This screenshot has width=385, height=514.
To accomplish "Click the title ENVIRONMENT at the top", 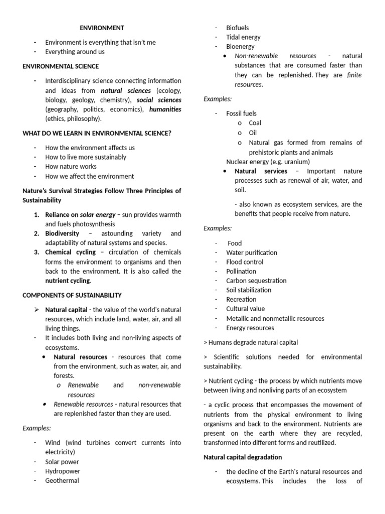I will coord(102,28).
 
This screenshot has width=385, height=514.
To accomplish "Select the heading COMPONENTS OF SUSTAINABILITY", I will coord(72,295).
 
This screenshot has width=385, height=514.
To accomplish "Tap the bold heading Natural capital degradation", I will coord(243,457).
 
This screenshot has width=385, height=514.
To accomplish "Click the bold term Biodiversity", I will coord(62,234).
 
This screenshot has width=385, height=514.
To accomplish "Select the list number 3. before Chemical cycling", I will coord(37,252).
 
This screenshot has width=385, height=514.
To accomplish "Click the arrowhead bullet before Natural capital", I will coord(37,310).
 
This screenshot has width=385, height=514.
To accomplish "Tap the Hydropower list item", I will coord(63,471).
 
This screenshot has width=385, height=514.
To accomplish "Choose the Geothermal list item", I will coord(62,480).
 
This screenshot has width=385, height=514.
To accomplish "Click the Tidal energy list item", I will coord(243,37).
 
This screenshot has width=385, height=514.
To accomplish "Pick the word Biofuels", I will coord(237,28).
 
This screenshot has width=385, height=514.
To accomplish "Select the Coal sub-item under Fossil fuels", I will coord(255,123).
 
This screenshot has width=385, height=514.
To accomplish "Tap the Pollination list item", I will coord(241,271).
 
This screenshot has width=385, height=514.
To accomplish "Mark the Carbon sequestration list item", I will coord(256,281).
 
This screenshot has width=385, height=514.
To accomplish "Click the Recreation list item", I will coord(241,300).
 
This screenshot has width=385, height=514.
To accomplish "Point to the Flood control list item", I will coord(245,262).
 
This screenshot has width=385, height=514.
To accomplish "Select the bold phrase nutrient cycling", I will coord(68,281).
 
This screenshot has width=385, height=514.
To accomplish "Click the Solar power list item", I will coord(62,462).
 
